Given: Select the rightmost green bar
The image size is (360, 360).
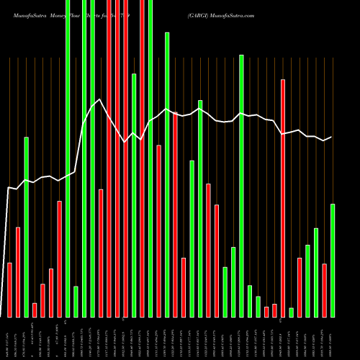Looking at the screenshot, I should coord(333,260).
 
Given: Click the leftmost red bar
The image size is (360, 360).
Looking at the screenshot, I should coord(10,289).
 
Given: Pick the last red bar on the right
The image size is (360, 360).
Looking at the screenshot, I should coord(325,290).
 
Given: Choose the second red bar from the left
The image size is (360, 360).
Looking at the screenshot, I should coord(18,271).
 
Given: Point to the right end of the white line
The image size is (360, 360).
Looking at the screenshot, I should coord(332,137).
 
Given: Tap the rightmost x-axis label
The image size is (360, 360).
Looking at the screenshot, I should coord(333,338).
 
